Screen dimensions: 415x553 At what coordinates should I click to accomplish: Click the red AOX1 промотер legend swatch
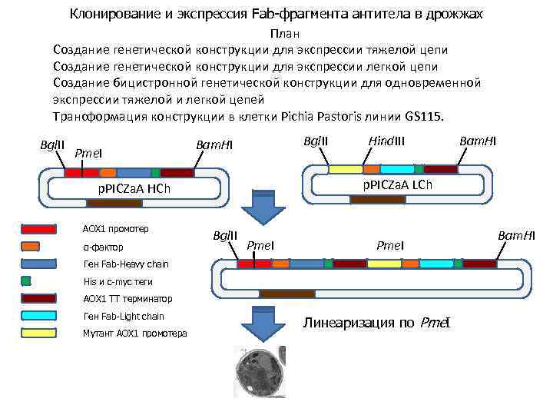39,229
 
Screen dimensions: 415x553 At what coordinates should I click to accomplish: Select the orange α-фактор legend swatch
31,246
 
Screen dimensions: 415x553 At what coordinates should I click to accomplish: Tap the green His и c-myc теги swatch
26,281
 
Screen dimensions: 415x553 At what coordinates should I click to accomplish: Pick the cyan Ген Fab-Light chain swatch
39,316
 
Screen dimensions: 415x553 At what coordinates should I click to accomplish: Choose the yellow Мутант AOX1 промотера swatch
39,333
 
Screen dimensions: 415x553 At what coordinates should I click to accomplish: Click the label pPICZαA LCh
397,185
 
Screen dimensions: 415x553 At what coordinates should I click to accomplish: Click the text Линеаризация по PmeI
376,322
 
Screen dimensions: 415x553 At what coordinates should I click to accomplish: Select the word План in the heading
284,35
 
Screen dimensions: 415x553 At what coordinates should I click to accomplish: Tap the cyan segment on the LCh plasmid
396,169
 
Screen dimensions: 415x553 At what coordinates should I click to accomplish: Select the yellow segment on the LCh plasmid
345,169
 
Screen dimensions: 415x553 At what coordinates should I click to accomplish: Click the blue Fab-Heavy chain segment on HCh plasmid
133,173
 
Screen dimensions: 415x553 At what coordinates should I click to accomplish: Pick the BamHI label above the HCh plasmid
214,145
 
